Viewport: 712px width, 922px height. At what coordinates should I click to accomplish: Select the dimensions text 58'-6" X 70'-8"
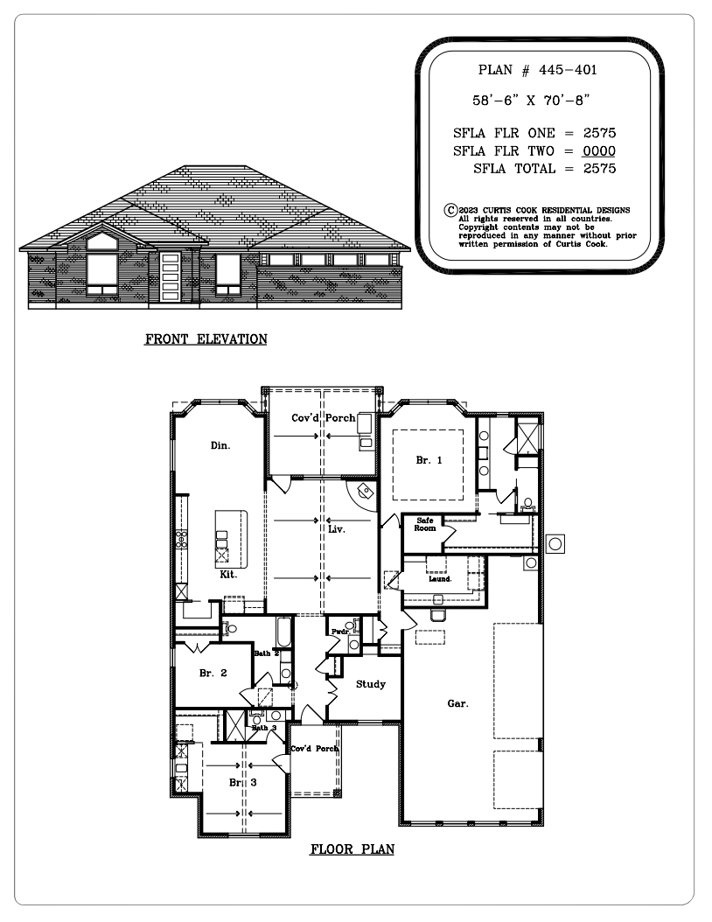[x=531, y=101]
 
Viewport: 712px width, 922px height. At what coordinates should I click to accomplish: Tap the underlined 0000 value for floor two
[x=599, y=151]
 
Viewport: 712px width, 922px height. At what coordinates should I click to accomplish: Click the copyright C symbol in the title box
[x=450, y=211]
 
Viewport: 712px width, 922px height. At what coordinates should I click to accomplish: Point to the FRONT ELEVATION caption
[x=206, y=339]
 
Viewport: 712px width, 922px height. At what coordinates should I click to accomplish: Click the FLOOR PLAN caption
[x=353, y=849]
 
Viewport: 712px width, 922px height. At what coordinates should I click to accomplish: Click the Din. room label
[x=220, y=446]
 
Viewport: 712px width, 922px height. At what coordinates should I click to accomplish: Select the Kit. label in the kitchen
[x=228, y=575]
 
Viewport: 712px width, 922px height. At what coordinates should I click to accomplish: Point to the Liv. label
[x=337, y=529]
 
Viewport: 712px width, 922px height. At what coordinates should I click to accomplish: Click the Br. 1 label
[x=429, y=460]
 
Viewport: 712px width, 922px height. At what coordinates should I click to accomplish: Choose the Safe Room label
[x=424, y=525]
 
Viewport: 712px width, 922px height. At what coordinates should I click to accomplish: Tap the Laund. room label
[x=440, y=579]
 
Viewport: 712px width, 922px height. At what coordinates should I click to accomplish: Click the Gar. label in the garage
[x=458, y=703]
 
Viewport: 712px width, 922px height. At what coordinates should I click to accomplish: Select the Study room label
[x=370, y=684]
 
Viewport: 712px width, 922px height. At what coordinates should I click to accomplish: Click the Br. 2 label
[x=213, y=674]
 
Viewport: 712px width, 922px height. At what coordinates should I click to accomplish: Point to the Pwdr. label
[x=340, y=632]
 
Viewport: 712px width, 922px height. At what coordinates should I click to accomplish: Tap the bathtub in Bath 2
[x=284, y=632]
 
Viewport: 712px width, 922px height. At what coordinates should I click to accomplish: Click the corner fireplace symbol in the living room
[x=363, y=492]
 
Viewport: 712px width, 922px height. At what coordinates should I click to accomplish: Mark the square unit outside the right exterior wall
[x=555, y=544]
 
